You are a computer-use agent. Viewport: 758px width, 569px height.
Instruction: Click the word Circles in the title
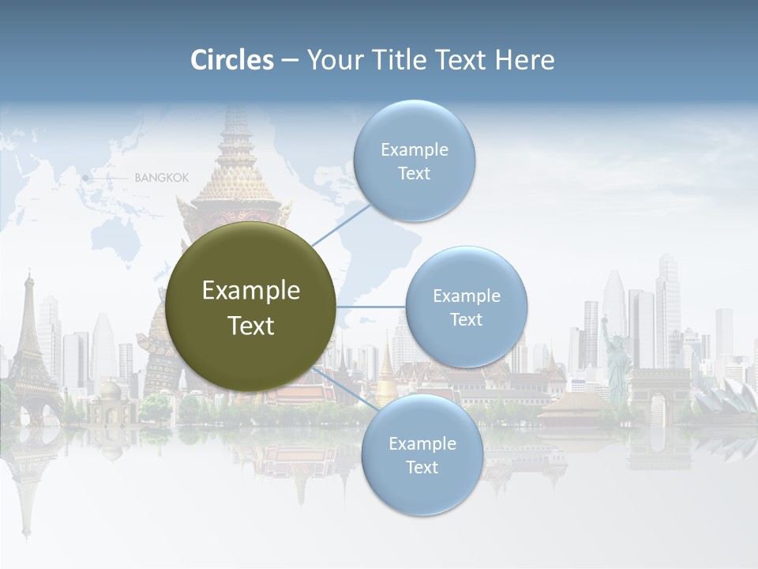click(232, 60)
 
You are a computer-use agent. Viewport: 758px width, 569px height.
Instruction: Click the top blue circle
click(414, 160)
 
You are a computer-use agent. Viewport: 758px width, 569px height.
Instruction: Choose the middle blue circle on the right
click(466, 307)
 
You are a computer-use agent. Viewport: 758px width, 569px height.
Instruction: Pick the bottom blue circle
click(422, 455)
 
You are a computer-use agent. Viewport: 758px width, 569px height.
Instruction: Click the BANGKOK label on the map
click(162, 178)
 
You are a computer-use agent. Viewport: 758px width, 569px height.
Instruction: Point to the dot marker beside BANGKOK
click(85, 179)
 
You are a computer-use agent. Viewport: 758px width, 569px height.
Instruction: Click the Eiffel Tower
click(29, 348)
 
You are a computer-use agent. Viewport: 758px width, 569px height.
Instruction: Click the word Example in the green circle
click(250, 291)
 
